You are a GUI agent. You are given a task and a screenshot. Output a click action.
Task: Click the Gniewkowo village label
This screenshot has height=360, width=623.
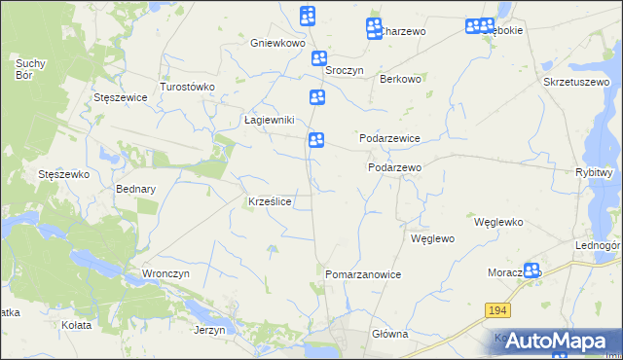coord(277,44)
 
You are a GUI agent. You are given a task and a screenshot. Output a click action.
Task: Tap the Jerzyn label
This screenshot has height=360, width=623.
coord(209,330)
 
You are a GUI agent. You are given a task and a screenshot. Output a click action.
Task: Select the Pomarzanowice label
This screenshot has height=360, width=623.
coord(363,274)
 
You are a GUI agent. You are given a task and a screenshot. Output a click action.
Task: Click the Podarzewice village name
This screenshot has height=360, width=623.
coord(389,138)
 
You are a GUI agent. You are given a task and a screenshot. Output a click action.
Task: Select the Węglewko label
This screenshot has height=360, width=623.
coord(498,222)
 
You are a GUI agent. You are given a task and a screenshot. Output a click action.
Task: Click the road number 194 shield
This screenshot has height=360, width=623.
coord(497,310)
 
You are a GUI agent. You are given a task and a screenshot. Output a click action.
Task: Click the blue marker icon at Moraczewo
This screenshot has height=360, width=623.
coord(531,271)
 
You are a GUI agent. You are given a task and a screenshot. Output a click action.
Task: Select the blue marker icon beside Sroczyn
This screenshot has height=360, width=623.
coord(318,59)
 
